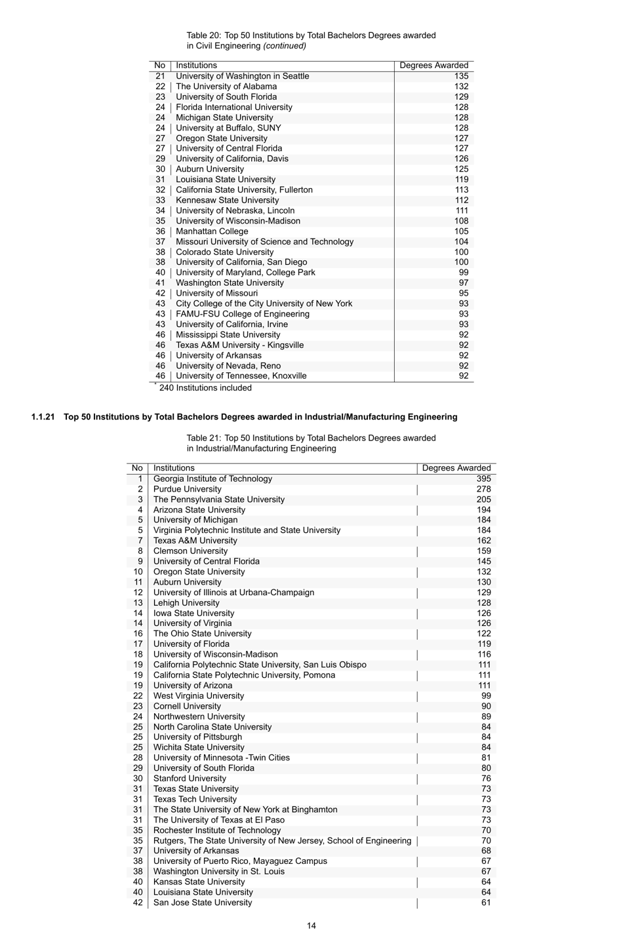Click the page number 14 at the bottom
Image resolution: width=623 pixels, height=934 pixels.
[x=311, y=925]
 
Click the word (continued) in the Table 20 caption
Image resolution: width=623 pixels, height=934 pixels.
[x=285, y=46]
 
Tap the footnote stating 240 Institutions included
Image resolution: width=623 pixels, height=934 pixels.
[x=205, y=388]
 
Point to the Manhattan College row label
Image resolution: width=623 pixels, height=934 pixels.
[x=212, y=231]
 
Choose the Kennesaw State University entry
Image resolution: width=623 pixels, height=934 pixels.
[x=227, y=200]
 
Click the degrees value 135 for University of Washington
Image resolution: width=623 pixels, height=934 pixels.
[x=461, y=76]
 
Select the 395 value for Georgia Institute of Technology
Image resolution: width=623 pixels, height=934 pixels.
[x=483, y=479]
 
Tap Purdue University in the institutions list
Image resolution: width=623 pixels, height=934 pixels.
[x=187, y=490]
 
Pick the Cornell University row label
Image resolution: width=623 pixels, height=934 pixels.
[x=187, y=707]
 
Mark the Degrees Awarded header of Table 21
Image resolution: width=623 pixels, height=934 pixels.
[x=456, y=468]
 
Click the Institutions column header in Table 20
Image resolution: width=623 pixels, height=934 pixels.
[x=196, y=66]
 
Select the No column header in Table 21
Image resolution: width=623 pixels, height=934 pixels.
[x=136, y=468]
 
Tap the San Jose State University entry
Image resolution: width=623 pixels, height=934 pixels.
[x=202, y=903]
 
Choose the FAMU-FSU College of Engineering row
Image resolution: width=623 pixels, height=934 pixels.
[x=242, y=314]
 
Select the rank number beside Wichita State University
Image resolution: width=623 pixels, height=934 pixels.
[x=138, y=747]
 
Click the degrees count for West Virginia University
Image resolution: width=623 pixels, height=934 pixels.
[x=485, y=696]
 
